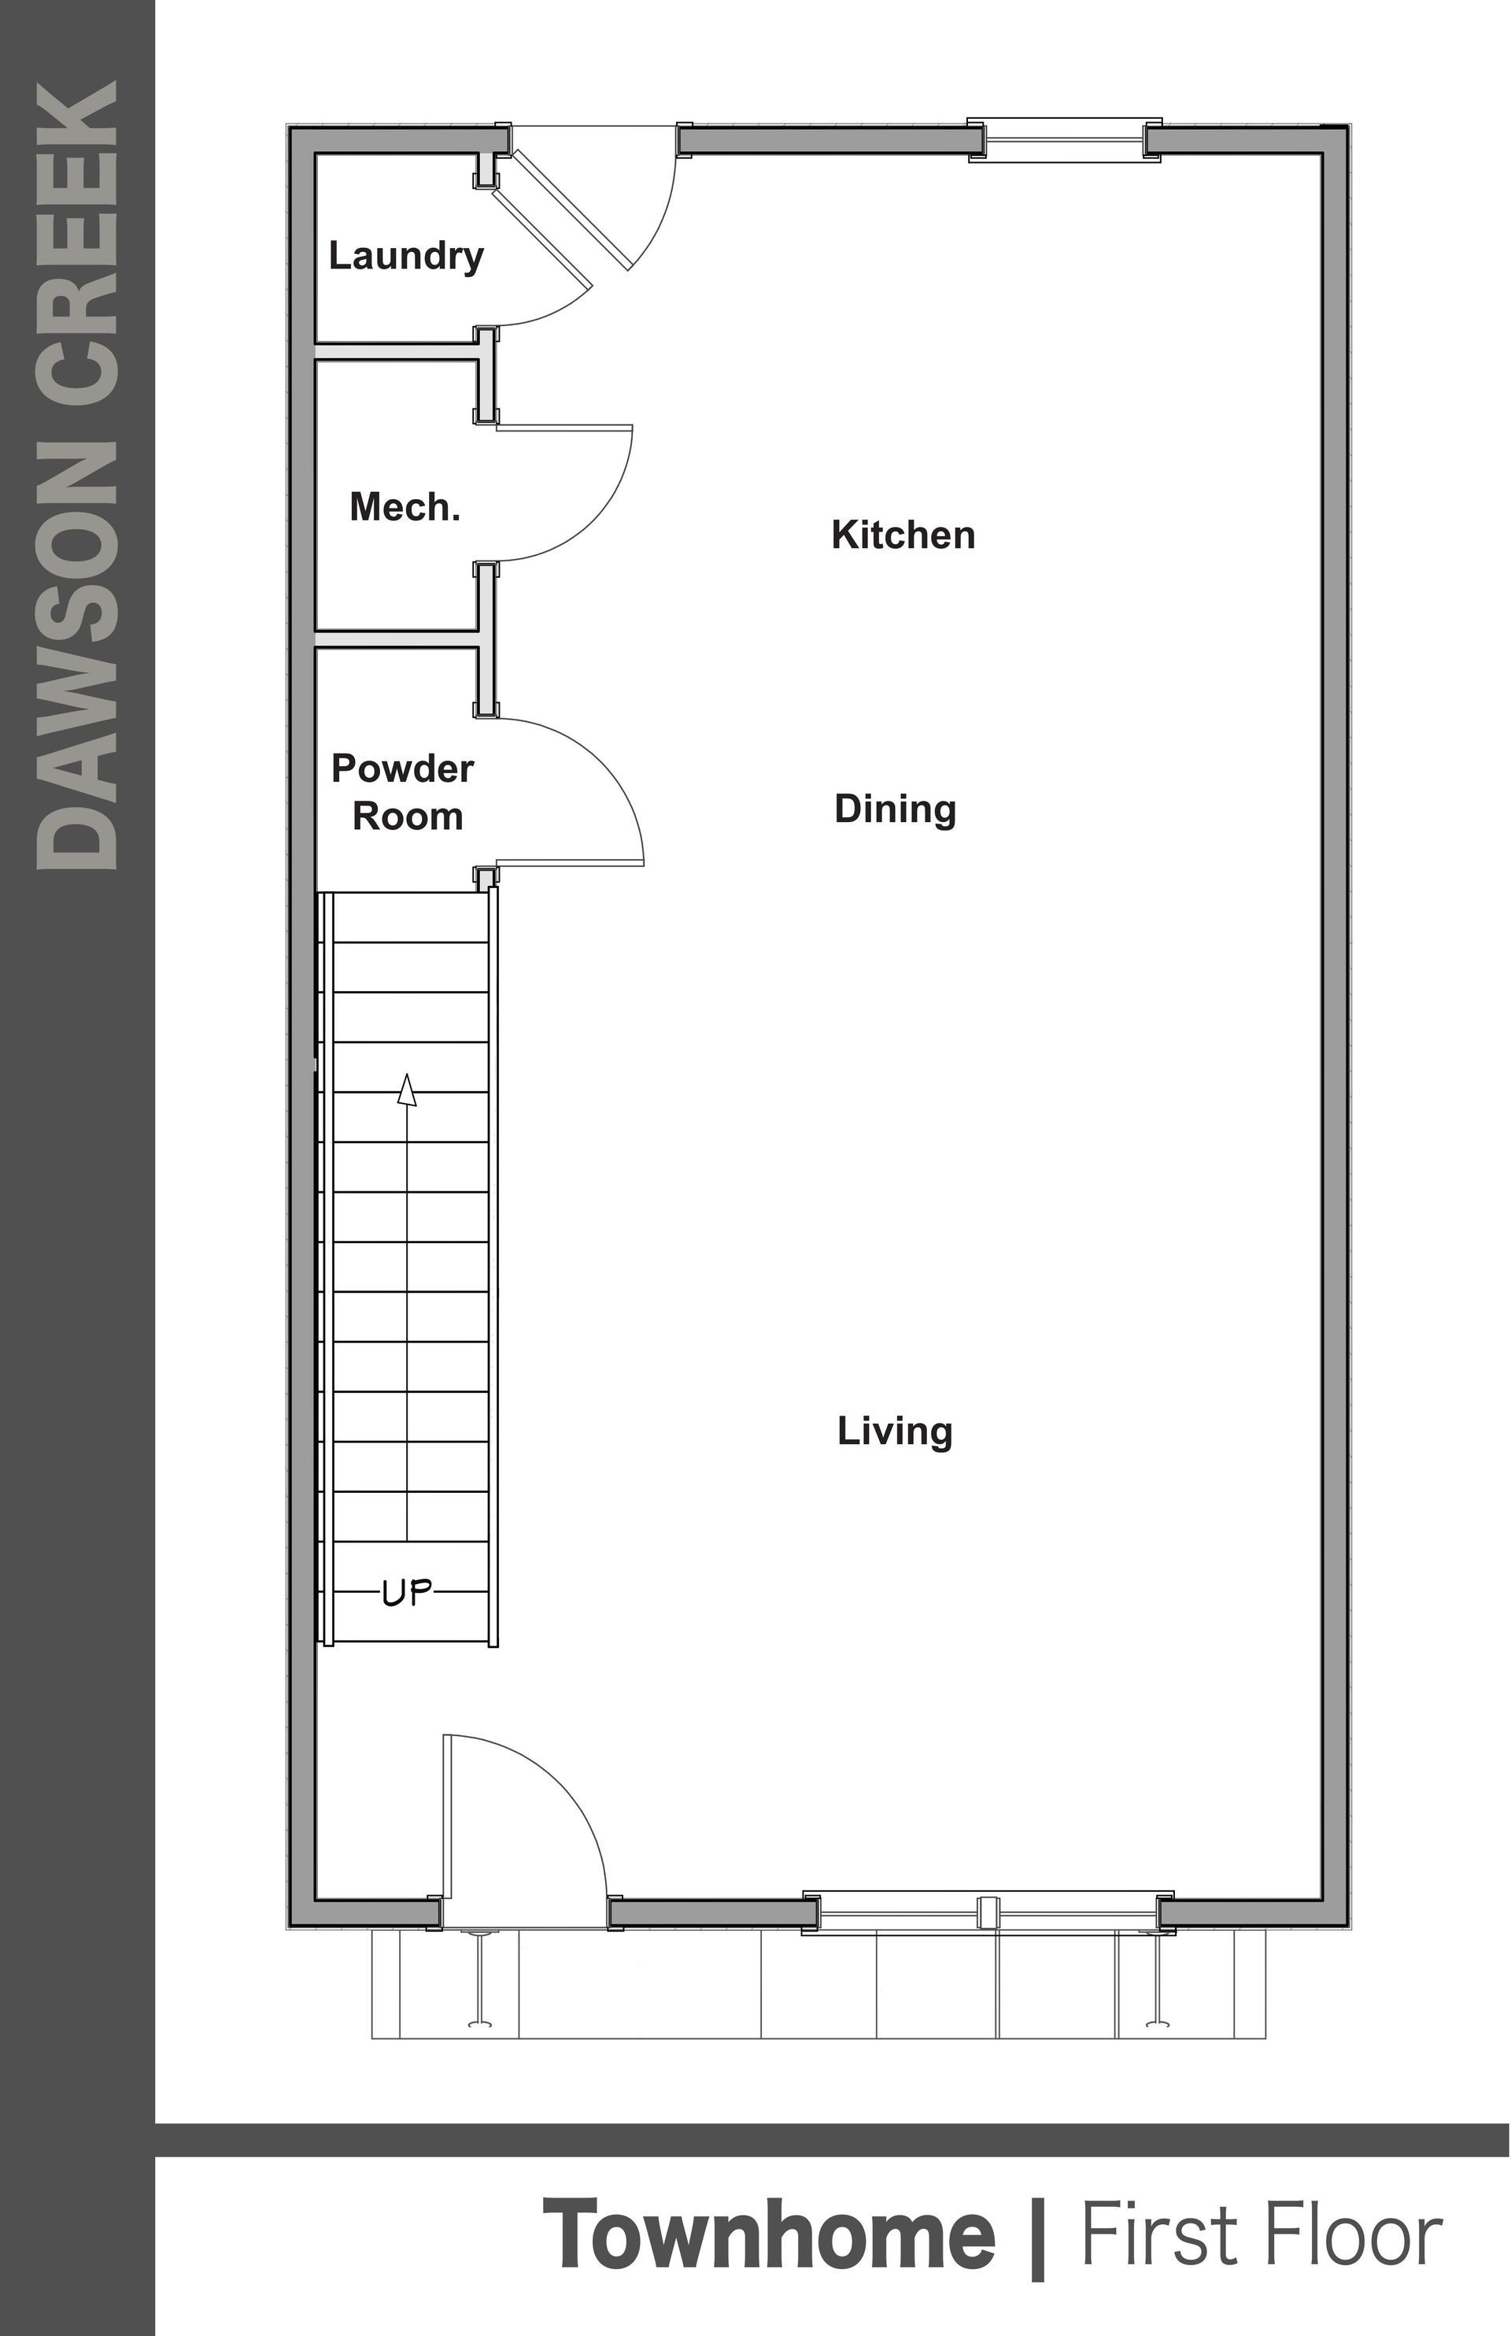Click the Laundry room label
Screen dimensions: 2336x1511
pyautogui.click(x=405, y=256)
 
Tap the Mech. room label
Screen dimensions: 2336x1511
pyautogui.click(x=405, y=508)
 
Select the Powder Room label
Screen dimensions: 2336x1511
pyautogui.click(x=403, y=792)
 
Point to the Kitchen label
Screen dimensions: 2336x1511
pyautogui.click(x=903, y=535)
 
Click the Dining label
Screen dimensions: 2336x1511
pyautogui.click(x=895, y=809)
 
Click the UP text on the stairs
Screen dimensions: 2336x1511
pyautogui.click(x=406, y=1593)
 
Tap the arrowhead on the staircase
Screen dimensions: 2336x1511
pyautogui.click(x=406, y=1090)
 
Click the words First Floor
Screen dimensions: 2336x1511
pyautogui.click(x=1261, y=2235)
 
